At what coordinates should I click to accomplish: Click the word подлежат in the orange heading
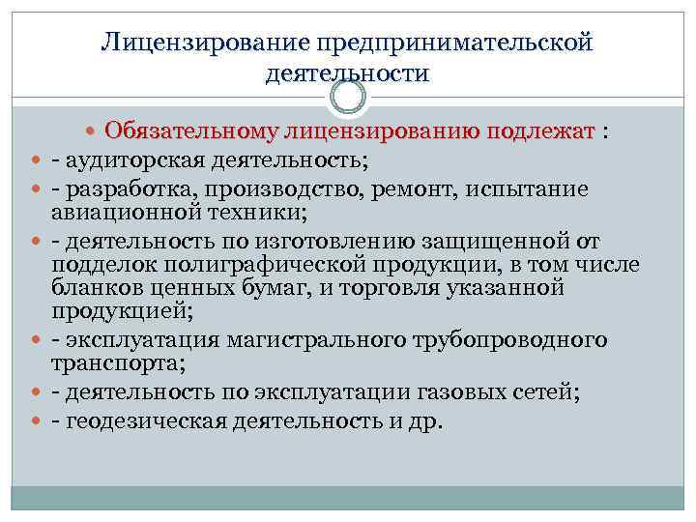pyautogui.click(x=542, y=132)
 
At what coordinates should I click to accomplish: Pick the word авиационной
pyautogui.click(x=119, y=212)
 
